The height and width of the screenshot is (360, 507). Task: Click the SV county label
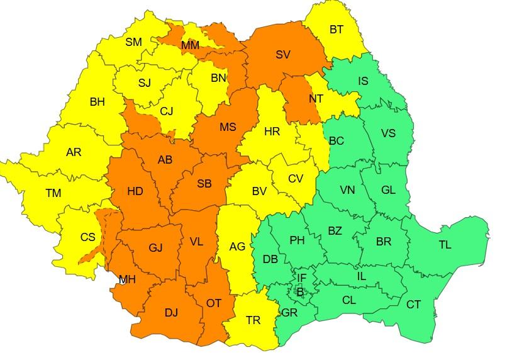[283, 55]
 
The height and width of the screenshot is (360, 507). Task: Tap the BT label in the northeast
[337, 29]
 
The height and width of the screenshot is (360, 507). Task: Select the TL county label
[445, 245]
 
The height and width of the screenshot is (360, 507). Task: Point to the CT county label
[413, 305]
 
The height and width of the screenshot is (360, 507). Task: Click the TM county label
[53, 194]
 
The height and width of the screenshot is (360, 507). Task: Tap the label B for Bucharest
[300, 291]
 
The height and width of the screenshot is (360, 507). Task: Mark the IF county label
[302, 278]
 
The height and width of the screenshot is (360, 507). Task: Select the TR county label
[253, 320]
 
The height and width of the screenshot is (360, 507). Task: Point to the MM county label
[190, 45]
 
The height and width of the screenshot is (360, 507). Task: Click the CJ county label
[166, 111]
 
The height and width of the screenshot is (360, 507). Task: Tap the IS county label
[363, 81]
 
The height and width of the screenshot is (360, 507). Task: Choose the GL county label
[388, 189]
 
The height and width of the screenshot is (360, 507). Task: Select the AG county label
[237, 247]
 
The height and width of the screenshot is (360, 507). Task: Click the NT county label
[316, 99]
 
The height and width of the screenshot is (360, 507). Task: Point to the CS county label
[87, 237]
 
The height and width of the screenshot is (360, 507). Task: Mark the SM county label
[133, 42]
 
